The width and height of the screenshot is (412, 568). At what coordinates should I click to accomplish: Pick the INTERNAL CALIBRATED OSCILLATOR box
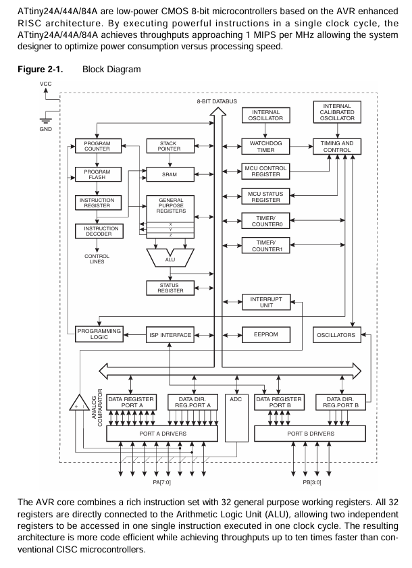[337, 113]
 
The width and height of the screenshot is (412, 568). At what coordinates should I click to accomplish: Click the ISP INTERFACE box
[170, 334]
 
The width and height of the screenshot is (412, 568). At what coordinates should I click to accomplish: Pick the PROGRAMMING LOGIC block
[98, 334]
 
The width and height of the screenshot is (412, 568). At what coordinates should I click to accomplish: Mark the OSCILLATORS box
[337, 334]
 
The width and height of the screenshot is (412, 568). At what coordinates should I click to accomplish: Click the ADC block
[236, 419]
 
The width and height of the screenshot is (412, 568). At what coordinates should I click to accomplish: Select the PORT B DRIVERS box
[306, 433]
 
